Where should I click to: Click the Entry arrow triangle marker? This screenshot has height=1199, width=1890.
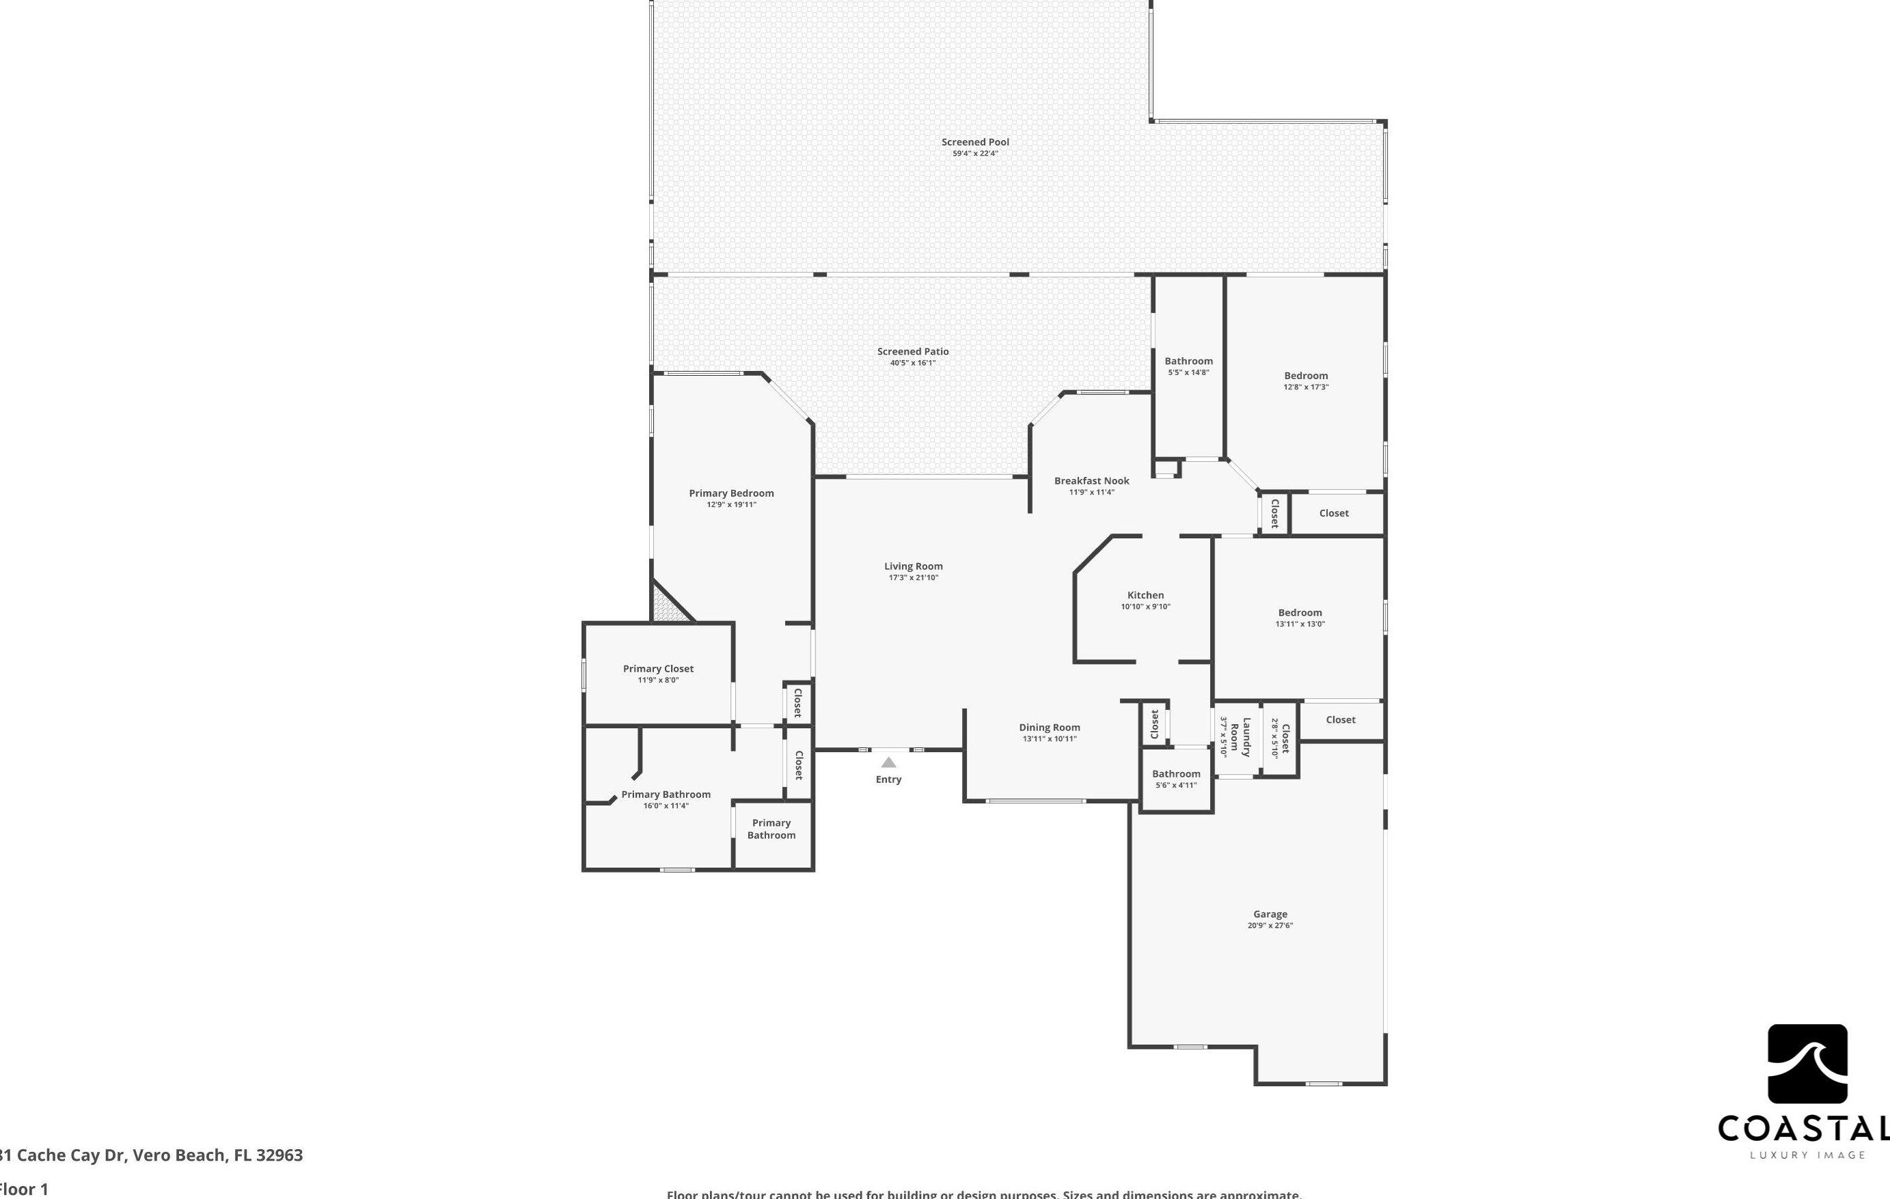(x=888, y=762)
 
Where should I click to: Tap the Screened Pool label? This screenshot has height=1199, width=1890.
(x=975, y=142)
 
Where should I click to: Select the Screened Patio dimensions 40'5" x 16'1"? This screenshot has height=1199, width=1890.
(x=913, y=363)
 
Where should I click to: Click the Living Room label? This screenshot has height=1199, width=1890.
(x=913, y=566)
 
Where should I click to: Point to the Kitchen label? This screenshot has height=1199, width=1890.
(x=1145, y=595)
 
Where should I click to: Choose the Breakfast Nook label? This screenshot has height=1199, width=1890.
(x=1091, y=481)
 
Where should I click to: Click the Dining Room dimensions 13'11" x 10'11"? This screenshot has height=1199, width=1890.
(x=1050, y=739)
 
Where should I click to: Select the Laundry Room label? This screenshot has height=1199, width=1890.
(x=1240, y=736)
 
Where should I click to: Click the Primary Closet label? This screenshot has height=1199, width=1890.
(x=658, y=669)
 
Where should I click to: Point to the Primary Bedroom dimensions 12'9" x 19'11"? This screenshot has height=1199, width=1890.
(x=730, y=506)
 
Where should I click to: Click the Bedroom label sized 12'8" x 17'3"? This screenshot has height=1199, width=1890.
(x=1305, y=376)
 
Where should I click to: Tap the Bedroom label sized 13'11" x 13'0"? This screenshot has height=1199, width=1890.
(x=1300, y=613)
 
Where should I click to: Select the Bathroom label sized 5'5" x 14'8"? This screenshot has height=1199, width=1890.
(x=1188, y=361)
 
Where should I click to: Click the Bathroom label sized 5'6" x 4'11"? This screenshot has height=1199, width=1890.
(x=1176, y=773)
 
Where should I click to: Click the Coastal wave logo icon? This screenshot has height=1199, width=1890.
(x=1807, y=1063)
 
